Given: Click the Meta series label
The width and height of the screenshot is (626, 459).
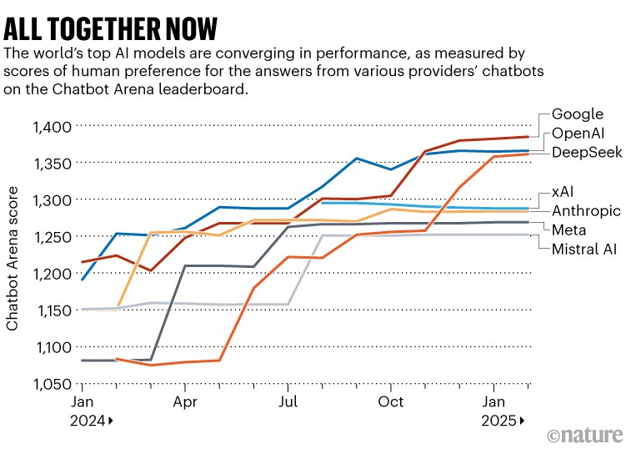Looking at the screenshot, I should [568, 229].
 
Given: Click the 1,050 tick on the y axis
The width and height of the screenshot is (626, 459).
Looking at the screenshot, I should [51, 384].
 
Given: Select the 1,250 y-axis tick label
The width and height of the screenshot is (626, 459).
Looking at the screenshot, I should [51, 237].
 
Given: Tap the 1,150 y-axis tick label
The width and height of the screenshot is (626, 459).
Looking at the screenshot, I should [51, 310].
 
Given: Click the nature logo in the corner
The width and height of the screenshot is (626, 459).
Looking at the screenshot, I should [583, 436].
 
